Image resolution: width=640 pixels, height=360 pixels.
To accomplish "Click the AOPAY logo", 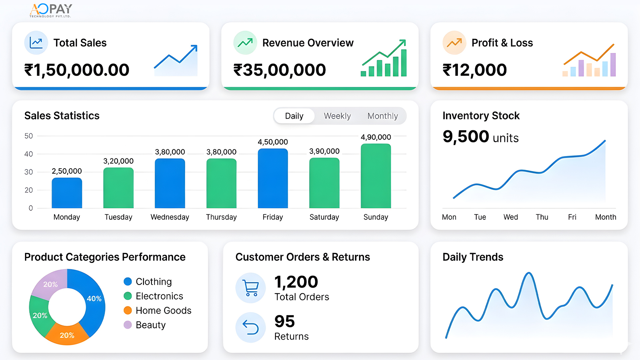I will [x=51, y=10].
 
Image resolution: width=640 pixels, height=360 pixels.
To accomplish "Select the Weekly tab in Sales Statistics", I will [x=337, y=116].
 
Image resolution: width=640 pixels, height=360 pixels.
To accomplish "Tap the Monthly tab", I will [x=382, y=116].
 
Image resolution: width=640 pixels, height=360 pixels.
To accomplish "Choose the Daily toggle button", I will [x=294, y=116].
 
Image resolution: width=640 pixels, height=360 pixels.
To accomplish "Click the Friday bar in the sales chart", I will [x=273, y=178].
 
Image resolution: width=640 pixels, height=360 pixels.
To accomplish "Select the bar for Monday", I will [x=67, y=193].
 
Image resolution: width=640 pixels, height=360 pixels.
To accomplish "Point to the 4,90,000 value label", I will [x=376, y=137].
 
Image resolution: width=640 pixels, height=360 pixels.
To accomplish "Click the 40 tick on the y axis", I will [x=29, y=154].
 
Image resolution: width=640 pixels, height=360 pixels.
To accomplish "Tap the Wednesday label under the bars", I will [x=170, y=217].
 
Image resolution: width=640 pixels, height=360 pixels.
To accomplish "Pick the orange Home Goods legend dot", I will [x=128, y=310].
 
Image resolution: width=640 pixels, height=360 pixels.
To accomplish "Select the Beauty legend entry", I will [x=150, y=325].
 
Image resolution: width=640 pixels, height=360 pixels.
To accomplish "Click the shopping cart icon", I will [x=251, y=288].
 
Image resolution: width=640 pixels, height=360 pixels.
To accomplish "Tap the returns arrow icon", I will [x=251, y=327].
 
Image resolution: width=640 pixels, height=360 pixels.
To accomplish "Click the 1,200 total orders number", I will [x=296, y=282].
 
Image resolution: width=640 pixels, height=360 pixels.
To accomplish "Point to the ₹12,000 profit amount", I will [x=474, y=70].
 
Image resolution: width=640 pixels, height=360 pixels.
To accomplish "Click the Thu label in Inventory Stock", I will [x=542, y=217].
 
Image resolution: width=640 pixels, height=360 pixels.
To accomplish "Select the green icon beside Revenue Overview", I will [x=245, y=43].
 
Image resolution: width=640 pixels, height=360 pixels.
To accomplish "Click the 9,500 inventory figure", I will [x=466, y=137].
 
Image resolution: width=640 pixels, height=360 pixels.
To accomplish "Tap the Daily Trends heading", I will [x=473, y=257].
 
